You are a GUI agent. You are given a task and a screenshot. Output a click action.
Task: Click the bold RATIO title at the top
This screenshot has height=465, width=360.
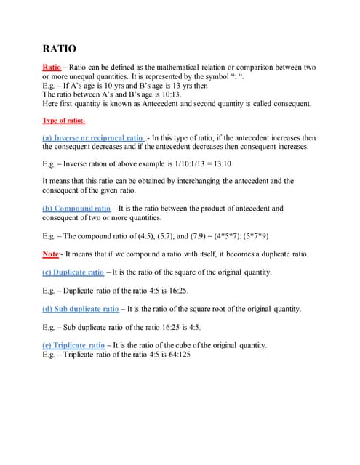coord(59,49)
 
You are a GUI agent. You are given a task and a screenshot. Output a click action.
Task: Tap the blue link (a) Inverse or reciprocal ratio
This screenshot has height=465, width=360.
coord(93,137)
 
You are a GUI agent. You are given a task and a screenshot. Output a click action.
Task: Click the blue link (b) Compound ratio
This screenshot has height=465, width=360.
coord(76,208)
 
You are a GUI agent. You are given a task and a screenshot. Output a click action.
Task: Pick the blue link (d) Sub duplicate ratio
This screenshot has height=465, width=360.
coord(80,309)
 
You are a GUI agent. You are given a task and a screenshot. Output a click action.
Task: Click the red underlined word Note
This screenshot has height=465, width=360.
coord(51,254)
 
